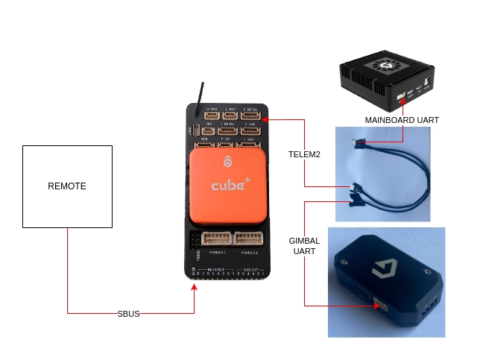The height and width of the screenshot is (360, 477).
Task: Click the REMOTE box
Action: tap(67, 186)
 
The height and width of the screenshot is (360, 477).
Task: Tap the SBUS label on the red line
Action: tap(128, 314)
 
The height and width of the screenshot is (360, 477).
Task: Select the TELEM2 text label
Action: tap(304, 154)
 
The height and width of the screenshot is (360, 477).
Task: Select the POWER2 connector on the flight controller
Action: tap(248, 239)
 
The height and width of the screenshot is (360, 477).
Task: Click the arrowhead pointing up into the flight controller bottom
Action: tap(195, 285)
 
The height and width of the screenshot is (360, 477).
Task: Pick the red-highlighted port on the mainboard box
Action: tap(401, 96)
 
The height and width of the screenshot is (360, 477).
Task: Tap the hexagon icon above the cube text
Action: tap(227, 162)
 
